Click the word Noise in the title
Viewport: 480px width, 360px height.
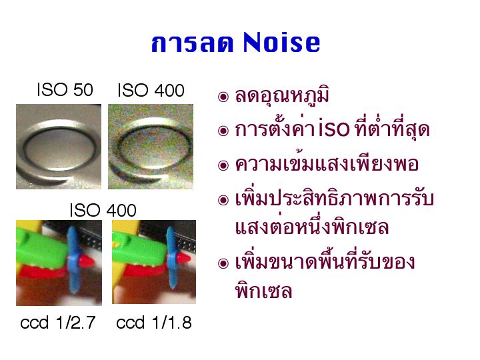(x=281, y=43)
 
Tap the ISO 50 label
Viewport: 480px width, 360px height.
(x=65, y=90)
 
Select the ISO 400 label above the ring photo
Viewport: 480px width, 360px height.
(x=151, y=90)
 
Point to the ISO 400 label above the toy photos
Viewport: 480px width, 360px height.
(x=103, y=210)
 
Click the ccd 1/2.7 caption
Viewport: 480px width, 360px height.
(x=58, y=323)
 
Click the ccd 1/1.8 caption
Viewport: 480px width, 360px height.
(x=154, y=323)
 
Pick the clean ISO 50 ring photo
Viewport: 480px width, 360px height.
(x=59, y=147)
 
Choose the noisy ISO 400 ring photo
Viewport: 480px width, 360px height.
(x=151, y=147)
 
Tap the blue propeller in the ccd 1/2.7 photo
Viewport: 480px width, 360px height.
(x=73, y=259)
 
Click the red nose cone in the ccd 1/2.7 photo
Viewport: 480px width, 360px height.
(x=87, y=261)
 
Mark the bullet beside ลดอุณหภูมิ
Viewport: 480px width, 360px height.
(x=223, y=97)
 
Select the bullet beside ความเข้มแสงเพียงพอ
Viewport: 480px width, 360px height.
(x=223, y=165)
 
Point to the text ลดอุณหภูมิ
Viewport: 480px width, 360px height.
(x=282, y=95)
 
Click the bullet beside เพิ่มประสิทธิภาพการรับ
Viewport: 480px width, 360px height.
(x=223, y=200)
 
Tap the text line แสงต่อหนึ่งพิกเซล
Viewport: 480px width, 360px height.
(x=312, y=227)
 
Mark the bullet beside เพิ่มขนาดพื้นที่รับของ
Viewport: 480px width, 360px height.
(x=223, y=263)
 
